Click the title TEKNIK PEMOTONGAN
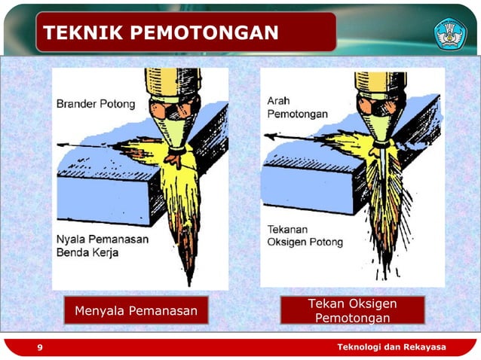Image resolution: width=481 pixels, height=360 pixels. pos(161,32)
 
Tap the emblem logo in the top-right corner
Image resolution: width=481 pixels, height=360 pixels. pos(450,33)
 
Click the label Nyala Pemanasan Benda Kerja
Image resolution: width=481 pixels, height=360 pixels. pos(102,246)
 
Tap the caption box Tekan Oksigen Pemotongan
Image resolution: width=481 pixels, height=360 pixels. pos(352,310)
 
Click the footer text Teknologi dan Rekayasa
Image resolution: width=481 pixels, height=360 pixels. pos(391,346)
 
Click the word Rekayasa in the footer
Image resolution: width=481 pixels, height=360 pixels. pos(424,346)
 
